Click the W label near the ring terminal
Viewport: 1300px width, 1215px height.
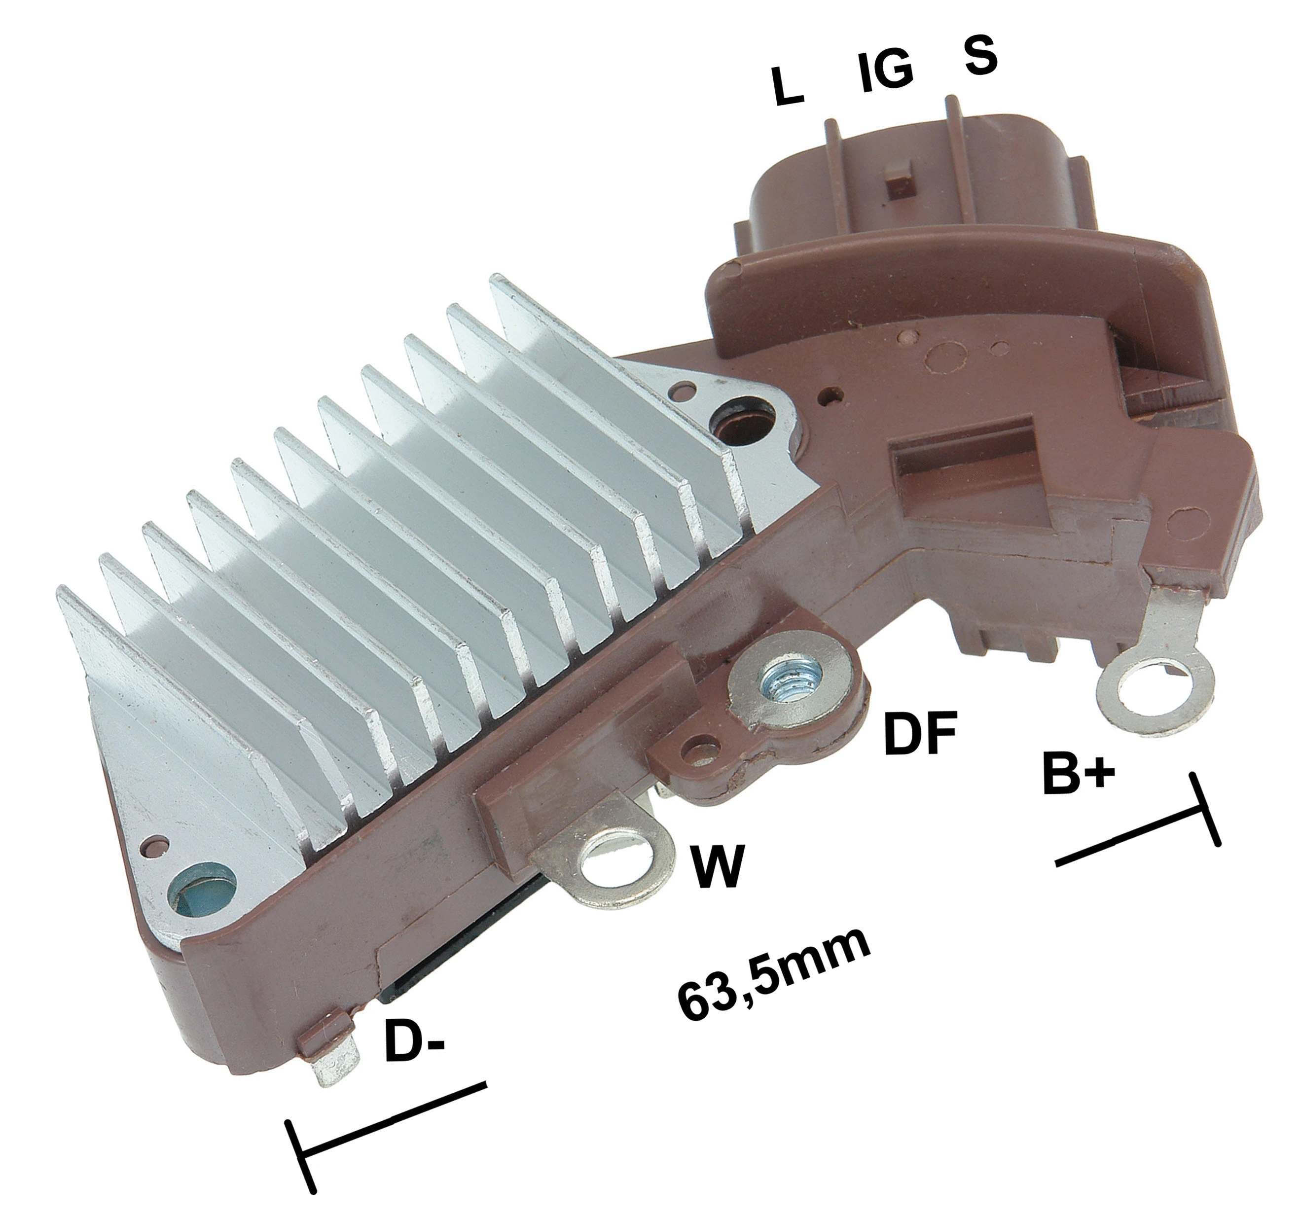[x=719, y=867]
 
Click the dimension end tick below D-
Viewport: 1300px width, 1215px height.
[x=301, y=1138]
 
